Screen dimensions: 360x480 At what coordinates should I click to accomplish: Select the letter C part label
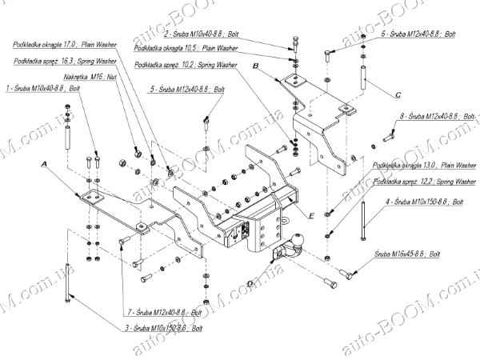pos(397,94)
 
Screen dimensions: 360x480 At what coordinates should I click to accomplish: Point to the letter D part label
pos(250,282)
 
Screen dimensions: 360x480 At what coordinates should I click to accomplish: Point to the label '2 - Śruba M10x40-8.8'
pos(205,36)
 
